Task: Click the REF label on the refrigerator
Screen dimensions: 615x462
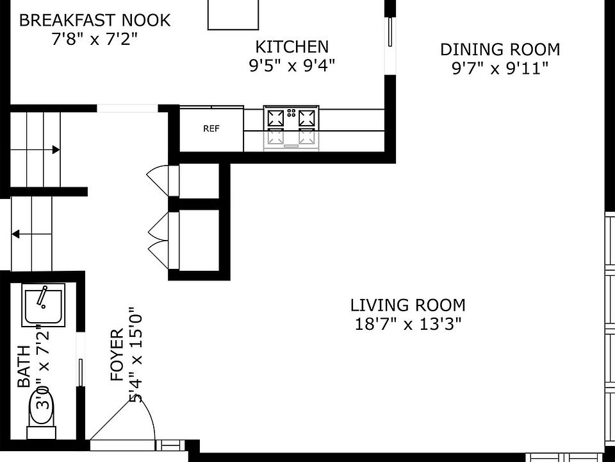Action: [x=211, y=128]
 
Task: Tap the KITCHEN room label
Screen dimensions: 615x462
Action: [x=292, y=47]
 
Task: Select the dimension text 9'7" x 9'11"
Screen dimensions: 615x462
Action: [x=500, y=69]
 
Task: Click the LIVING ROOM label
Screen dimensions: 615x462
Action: [x=408, y=305]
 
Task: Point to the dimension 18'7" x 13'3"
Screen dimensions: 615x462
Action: [x=408, y=325]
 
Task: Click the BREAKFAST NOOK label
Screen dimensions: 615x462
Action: [x=95, y=20]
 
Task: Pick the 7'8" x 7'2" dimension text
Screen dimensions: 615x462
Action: [x=95, y=39]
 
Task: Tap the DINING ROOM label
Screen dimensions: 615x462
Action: [x=500, y=49]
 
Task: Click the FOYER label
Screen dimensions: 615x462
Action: [x=117, y=355]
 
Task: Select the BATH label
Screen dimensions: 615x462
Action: [x=24, y=366]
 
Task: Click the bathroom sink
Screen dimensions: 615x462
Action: [x=43, y=305]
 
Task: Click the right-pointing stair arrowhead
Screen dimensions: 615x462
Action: [x=56, y=150]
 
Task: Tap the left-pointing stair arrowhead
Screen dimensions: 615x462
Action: [x=15, y=235]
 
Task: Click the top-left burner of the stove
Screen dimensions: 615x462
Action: [x=275, y=117]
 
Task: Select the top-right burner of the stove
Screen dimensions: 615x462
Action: [x=307, y=117]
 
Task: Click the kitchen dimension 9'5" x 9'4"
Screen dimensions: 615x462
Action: [x=292, y=65]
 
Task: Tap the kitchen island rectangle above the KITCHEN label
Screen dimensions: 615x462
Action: [x=233, y=15]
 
